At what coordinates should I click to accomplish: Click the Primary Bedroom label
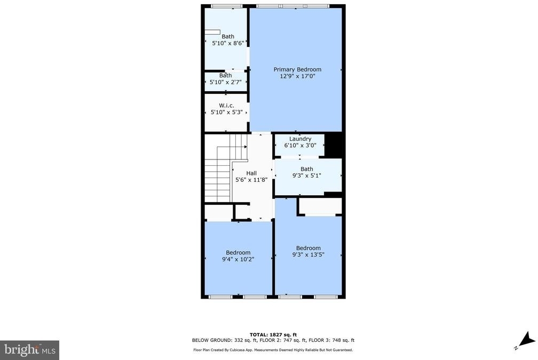[297, 69]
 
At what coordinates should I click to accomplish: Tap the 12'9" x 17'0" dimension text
[297, 76]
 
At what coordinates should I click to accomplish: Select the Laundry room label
[300, 139]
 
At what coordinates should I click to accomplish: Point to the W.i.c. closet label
[226, 106]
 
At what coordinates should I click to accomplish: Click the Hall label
[251, 173]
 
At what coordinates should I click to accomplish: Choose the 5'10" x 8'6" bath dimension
[228, 43]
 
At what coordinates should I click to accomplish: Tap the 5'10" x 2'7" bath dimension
[225, 82]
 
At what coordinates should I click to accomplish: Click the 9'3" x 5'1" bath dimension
[307, 175]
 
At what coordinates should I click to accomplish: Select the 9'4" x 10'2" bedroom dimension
[238, 259]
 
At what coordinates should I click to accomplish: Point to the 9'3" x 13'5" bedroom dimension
[308, 255]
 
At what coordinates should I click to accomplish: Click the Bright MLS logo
[29, 350]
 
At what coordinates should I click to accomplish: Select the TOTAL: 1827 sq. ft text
[273, 334]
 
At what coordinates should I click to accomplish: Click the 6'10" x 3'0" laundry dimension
[300, 146]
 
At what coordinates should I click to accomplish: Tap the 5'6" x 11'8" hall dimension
[251, 180]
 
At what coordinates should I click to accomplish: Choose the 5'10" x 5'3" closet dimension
[226, 112]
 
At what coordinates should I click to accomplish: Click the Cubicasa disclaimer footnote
[273, 350]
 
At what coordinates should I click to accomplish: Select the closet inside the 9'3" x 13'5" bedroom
[320, 206]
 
